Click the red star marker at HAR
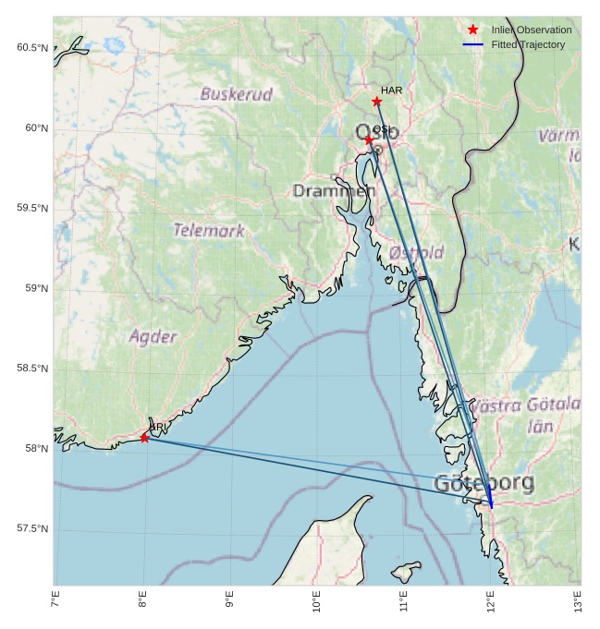click(376, 102)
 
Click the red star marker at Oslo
click(369, 140)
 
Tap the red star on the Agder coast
click(145, 438)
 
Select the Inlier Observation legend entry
click(531, 30)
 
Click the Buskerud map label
click(237, 94)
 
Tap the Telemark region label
click(209, 230)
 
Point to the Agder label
click(153, 336)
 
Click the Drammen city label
click(334, 191)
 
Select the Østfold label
click(416, 252)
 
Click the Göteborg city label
click(484, 483)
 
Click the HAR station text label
click(392, 91)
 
